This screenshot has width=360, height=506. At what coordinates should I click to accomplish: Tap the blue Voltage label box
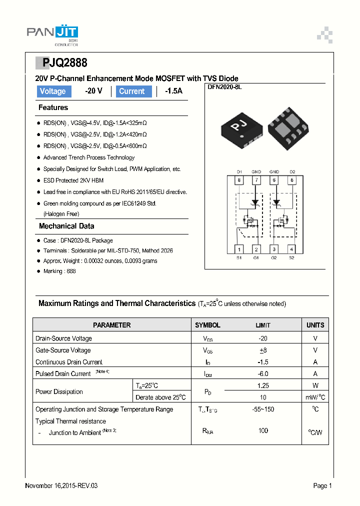(x=52, y=91)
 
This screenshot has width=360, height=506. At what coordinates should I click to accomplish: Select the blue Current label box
(x=133, y=91)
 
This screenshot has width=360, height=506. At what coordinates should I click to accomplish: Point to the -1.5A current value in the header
(x=173, y=91)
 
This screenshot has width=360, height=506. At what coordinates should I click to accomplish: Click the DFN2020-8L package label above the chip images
(x=224, y=87)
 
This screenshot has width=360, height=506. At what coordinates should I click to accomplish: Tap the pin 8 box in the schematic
(x=239, y=180)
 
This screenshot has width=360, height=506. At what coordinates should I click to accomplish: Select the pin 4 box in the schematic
(x=291, y=249)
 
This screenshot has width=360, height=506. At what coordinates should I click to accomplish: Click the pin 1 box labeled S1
(x=239, y=249)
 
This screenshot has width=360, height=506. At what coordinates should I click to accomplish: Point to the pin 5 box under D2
(x=292, y=180)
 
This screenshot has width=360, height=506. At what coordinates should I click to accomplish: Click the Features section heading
(x=53, y=107)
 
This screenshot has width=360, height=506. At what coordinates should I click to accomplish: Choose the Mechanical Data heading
(x=66, y=226)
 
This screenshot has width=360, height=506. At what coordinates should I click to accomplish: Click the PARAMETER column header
(x=112, y=325)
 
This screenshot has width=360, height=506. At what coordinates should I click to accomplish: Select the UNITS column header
(x=315, y=325)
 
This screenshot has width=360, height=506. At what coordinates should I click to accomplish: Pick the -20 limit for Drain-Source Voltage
(x=263, y=338)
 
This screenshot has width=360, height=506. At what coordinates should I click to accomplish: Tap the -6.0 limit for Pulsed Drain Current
(x=263, y=373)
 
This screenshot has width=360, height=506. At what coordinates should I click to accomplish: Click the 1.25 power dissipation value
(x=263, y=385)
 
